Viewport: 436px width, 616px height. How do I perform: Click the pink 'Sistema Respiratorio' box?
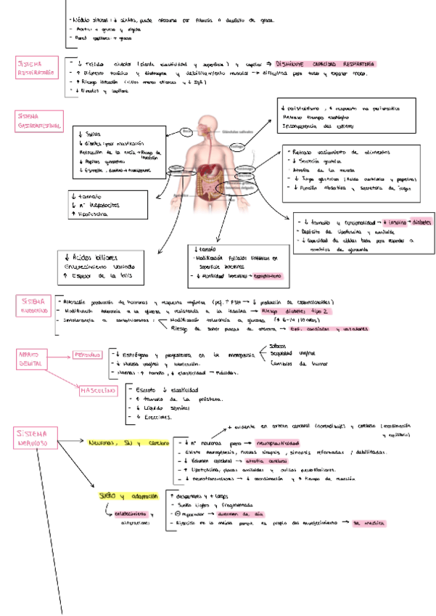click(x=35, y=68)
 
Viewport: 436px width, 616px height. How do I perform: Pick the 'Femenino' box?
click(x=87, y=355)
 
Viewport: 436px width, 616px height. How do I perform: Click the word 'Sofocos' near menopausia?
click(x=278, y=346)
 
